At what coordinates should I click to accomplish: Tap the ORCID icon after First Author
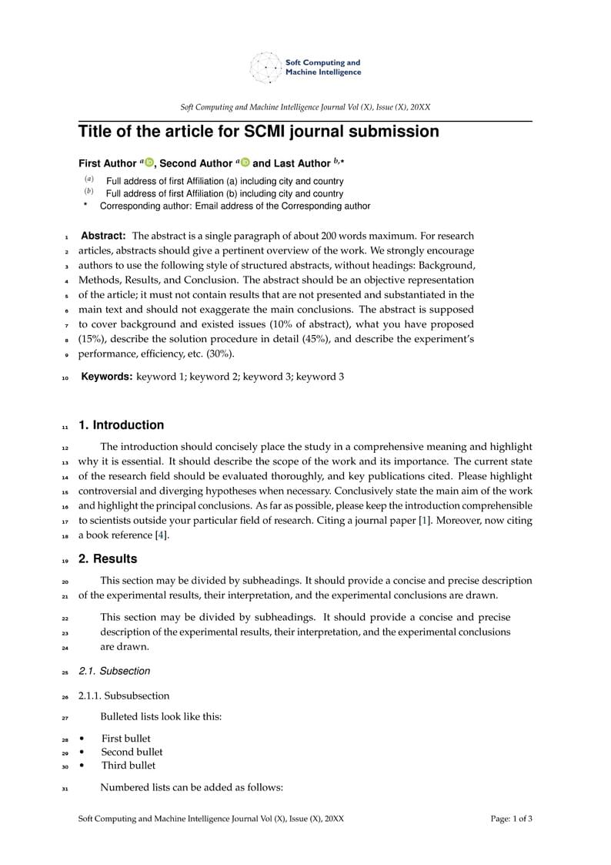click(x=149, y=163)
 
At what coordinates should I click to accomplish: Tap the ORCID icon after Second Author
click(x=245, y=163)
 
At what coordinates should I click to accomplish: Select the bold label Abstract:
click(x=103, y=236)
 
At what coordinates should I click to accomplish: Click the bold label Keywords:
click(x=107, y=377)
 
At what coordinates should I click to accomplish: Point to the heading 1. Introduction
click(x=121, y=425)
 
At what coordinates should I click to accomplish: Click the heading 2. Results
click(x=108, y=559)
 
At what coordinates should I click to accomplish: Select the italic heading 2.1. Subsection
click(x=115, y=672)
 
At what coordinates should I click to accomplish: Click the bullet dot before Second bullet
click(x=82, y=752)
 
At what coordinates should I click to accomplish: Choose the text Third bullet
click(x=129, y=766)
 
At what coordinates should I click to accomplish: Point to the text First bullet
click(x=126, y=739)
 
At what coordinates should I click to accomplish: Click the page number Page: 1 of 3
click(x=511, y=819)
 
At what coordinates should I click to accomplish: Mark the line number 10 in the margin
click(x=65, y=378)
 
